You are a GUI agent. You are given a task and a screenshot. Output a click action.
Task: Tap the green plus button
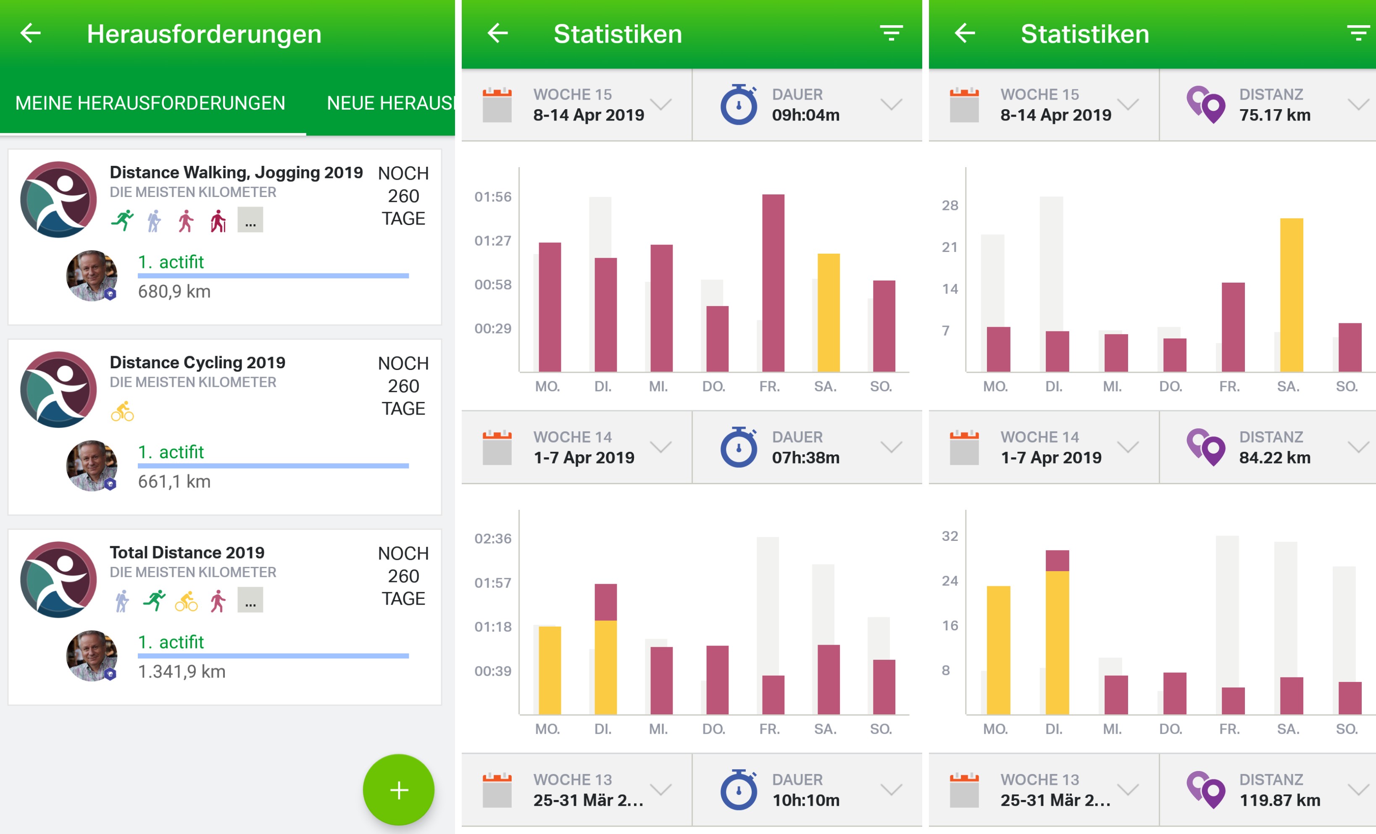pos(398,789)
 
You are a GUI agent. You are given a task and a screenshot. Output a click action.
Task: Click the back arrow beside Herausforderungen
pos(31,34)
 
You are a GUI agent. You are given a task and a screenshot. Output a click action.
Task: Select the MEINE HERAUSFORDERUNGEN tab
pos(150,103)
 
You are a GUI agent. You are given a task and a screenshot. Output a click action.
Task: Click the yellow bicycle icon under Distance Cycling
pos(122,412)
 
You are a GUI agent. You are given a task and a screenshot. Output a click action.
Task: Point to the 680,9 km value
pos(174,291)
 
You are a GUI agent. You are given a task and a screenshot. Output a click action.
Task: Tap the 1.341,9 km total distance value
pos(182,671)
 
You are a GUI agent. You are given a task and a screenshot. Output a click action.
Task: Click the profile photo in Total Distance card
pos(92,656)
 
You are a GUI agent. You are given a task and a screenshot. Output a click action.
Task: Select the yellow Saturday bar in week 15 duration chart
pos(828,312)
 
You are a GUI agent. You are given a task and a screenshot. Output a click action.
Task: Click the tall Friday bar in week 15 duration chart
pos(773,283)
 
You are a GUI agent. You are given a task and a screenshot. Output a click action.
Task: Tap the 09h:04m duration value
pos(805,115)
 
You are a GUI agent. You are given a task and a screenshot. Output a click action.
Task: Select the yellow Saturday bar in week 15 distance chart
pos(1291,295)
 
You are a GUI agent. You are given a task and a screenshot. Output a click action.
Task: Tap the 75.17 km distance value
pos(1274,115)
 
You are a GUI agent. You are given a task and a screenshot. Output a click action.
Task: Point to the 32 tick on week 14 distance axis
pos(950,536)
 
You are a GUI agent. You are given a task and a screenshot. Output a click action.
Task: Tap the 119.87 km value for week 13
pos(1279,800)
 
